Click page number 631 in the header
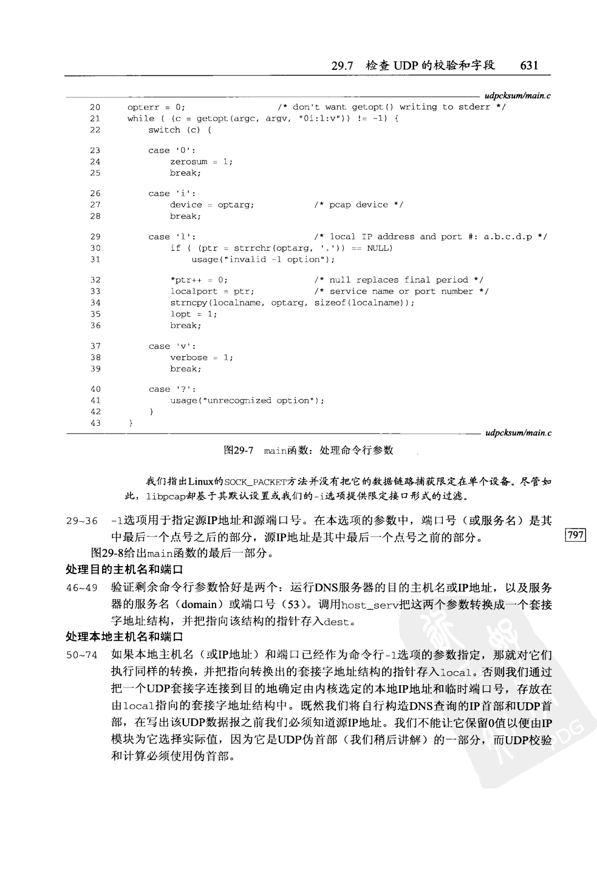529,66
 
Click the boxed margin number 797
575,535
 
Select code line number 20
95,107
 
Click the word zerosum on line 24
188,162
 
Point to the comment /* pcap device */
358,205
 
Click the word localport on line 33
194,291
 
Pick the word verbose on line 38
188,357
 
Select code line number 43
95,423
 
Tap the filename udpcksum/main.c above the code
517,96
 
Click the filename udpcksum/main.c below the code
517,433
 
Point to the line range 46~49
81,588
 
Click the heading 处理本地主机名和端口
124,637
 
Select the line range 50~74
81,655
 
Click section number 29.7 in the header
343,66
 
